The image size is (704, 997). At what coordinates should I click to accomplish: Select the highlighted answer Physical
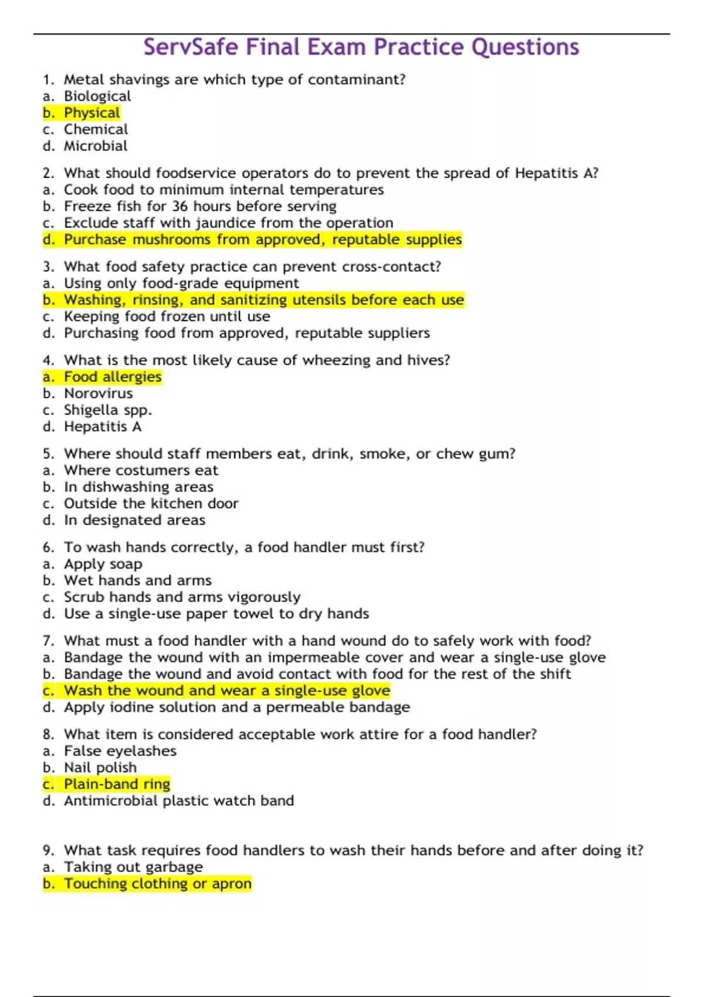coord(92,113)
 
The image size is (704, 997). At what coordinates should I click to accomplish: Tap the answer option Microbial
coord(95,145)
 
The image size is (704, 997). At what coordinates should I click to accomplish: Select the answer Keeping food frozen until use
coord(167,317)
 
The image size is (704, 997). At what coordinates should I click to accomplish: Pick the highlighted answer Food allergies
coord(112,377)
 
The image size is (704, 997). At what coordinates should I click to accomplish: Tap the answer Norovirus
coord(98,393)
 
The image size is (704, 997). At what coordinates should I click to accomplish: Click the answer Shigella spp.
coord(107,410)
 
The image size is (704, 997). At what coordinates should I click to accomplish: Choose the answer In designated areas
coord(134,520)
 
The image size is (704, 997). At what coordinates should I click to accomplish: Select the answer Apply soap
coord(103,564)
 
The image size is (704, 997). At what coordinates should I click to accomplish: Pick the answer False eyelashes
coord(120,751)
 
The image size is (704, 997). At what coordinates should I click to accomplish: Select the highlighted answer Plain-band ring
coord(117,784)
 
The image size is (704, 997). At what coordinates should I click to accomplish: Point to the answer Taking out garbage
coord(133,867)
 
